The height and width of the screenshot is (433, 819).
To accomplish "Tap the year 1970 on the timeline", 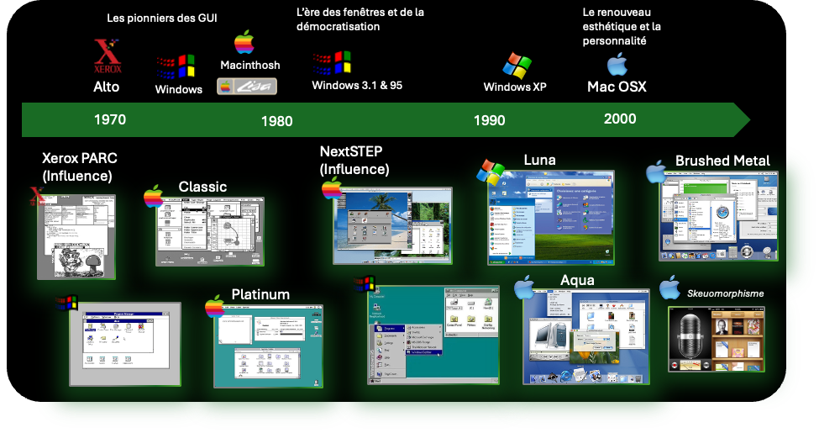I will pyautogui.click(x=110, y=119).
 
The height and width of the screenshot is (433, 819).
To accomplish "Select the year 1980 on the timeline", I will pyautogui.click(x=276, y=121).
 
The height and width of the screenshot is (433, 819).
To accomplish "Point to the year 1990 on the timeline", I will pyautogui.click(x=489, y=120).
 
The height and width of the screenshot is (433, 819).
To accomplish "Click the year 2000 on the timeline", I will pyautogui.click(x=620, y=119).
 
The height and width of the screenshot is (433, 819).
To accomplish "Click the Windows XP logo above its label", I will pyautogui.click(x=517, y=66).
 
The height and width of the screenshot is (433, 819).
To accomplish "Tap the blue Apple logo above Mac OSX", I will pyautogui.click(x=617, y=65).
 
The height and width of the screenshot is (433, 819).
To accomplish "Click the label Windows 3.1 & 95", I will pyautogui.click(x=357, y=85).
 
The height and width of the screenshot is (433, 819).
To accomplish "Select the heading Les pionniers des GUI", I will pyautogui.click(x=162, y=18).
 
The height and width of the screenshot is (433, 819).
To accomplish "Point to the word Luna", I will pyautogui.click(x=539, y=160).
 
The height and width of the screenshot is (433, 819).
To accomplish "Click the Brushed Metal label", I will pyautogui.click(x=722, y=161).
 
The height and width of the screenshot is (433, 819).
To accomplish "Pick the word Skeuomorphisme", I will pyautogui.click(x=725, y=293).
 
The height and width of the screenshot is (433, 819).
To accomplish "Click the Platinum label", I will pyautogui.click(x=260, y=294).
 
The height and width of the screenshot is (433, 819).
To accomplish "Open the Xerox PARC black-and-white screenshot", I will pyautogui.click(x=76, y=235).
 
